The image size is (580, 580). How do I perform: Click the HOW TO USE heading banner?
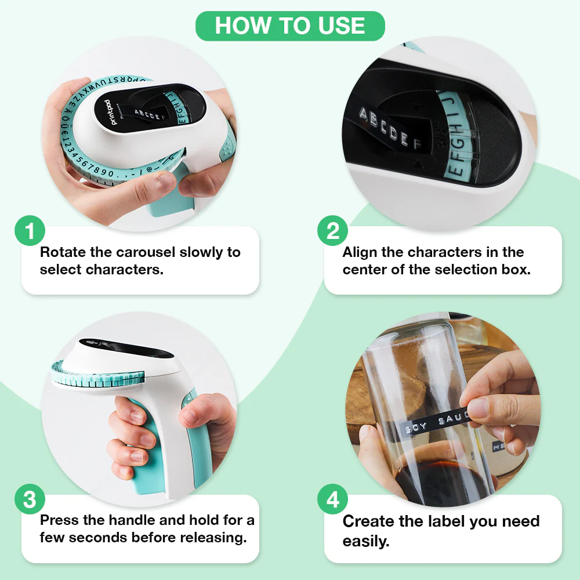pyautogui.click(x=290, y=26)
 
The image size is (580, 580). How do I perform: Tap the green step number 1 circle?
pyautogui.click(x=30, y=232)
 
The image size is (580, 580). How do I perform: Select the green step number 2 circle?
pyautogui.click(x=333, y=232)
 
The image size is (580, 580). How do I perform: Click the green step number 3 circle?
pyautogui.click(x=30, y=500)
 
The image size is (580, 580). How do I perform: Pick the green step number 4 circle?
pyautogui.click(x=333, y=500)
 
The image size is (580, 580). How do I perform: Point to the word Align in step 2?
pyautogui.click(x=360, y=253)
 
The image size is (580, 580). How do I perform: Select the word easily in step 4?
pyautogui.click(x=366, y=542)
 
